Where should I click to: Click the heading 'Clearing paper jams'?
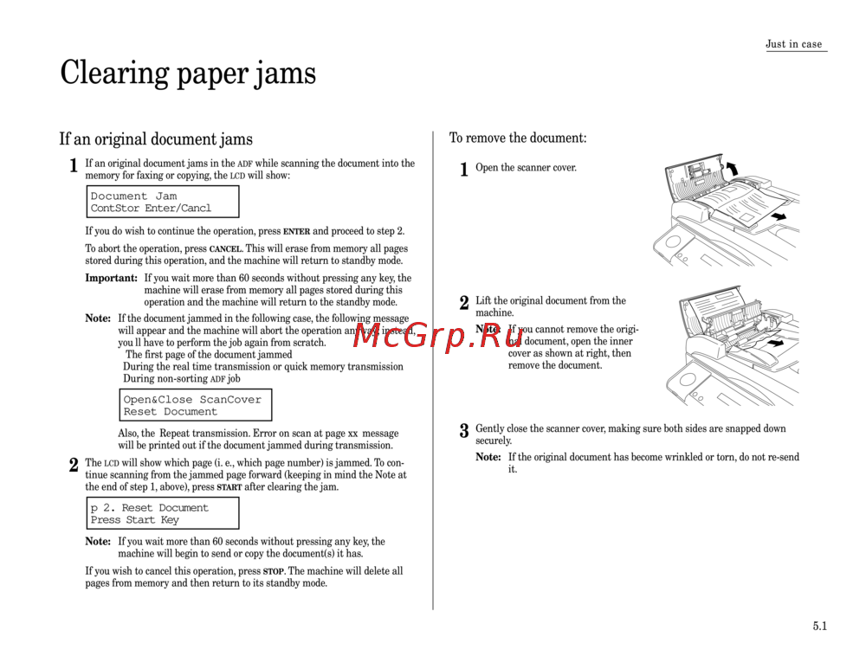pos(188,73)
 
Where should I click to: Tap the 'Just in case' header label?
pos(793,44)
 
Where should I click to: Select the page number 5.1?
pos(819,626)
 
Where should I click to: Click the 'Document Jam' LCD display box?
pos(163,202)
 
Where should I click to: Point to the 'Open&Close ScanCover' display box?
pos(196,405)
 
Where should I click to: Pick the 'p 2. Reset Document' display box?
pos(163,513)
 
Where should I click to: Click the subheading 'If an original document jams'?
pos(156,139)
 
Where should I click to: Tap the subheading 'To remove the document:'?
pos(518,138)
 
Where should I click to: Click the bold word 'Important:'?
pos(111,278)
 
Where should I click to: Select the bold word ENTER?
pos(296,232)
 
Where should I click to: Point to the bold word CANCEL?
pos(225,249)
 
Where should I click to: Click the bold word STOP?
pos(273,571)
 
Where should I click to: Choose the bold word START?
pos(229,487)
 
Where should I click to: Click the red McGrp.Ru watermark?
pos(437,336)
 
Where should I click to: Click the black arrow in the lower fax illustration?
pos(776,344)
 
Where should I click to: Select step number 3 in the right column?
pos(464,430)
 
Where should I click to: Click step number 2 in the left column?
pos(74,466)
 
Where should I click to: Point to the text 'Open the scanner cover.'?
pos(526,167)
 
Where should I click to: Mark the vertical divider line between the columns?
pos(433,370)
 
